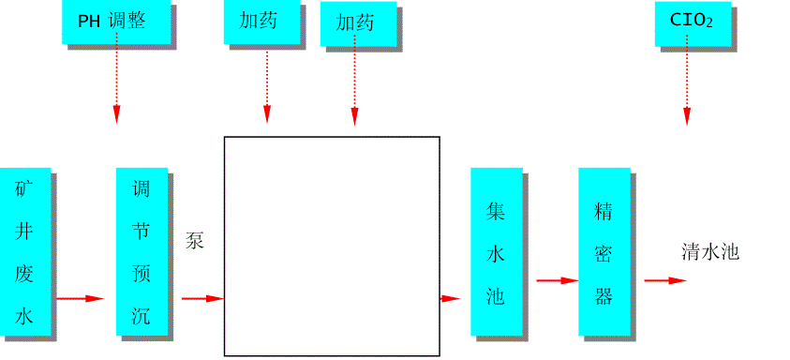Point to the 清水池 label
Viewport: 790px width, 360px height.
click(710, 251)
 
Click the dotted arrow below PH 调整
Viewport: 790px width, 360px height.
click(116, 84)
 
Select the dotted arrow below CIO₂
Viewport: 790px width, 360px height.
click(686, 84)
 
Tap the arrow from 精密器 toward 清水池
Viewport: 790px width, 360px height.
click(664, 279)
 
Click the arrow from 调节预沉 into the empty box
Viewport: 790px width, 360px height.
click(202, 298)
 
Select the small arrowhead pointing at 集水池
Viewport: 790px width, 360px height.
click(451, 298)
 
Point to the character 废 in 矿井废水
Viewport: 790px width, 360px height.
click(24, 273)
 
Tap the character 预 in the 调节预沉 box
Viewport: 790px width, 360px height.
click(142, 274)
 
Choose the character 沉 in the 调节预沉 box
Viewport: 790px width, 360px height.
click(142, 315)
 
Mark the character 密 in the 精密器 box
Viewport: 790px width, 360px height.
click(604, 254)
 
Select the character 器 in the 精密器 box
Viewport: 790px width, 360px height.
click(604, 297)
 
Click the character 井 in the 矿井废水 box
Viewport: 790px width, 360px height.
click(24, 232)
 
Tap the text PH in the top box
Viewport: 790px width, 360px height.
click(89, 22)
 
